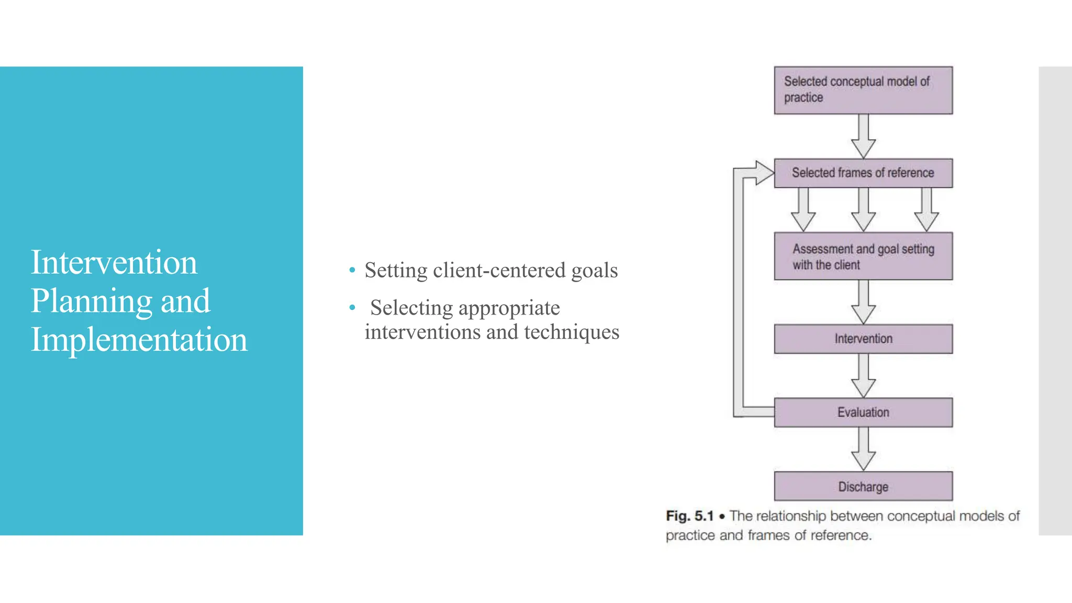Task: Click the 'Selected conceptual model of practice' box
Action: click(x=863, y=90)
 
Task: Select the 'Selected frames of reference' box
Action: click(x=863, y=173)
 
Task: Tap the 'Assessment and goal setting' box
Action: click(x=863, y=256)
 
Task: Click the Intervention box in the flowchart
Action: click(x=863, y=339)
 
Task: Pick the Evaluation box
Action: click(x=863, y=412)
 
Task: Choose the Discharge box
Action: click(x=863, y=486)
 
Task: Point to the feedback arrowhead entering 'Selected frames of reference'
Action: click(x=764, y=173)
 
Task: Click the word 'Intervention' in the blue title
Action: click(x=114, y=262)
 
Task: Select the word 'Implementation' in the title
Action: click(x=139, y=340)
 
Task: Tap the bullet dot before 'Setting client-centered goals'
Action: click(x=352, y=271)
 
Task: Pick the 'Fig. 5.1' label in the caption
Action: click(x=689, y=516)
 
